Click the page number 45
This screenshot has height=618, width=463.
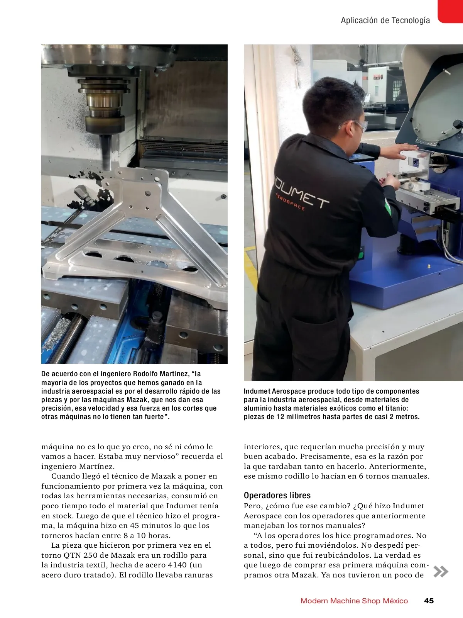click(429, 601)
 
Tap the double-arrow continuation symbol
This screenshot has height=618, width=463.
click(441, 572)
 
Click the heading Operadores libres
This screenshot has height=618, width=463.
click(277, 495)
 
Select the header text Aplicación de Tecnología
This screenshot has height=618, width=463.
click(385, 20)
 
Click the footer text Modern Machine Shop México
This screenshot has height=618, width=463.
click(354, 601)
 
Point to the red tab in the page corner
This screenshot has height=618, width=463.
click(451, 11)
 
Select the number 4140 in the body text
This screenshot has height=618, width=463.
click(177, 565)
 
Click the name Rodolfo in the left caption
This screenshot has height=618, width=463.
click(145, 374)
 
